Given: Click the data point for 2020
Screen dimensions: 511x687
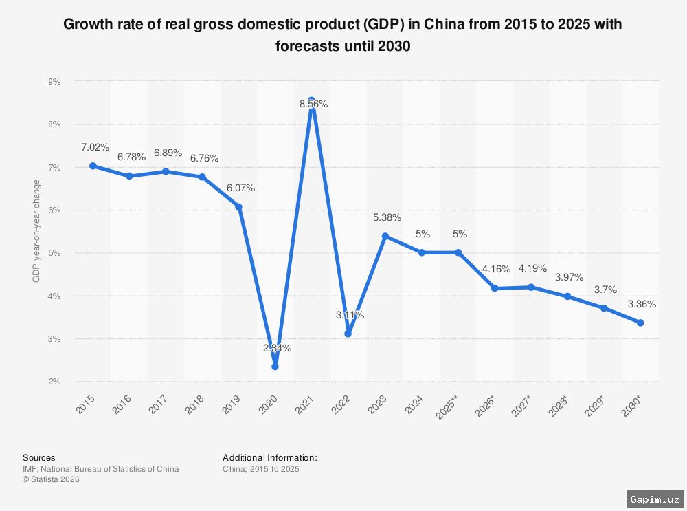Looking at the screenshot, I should (x=275, y=367).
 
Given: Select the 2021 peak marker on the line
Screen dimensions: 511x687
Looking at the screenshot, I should (x=312, y=100).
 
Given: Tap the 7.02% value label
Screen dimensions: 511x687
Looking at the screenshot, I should (x=95, y=147).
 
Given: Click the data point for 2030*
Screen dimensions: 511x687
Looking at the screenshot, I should (x=640, y=323).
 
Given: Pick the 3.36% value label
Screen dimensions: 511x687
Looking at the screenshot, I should (x=642, y=304).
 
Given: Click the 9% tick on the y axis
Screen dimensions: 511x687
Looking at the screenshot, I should (x=54, y=81).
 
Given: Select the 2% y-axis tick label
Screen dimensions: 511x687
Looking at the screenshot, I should (x=54, y=382).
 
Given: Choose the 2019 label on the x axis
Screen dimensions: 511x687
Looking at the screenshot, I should (x=234, y=402).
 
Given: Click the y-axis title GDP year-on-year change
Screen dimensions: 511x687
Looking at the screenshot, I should (x=36, y=231).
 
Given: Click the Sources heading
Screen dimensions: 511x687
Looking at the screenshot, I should (x=39, y=457).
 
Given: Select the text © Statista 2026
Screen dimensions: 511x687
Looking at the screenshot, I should (x=51, y=479).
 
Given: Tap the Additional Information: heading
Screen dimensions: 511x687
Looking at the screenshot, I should (x=269, y=457).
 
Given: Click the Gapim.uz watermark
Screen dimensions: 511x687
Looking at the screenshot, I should (x=654, y=499).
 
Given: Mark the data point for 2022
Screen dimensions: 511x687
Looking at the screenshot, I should (x=348, y=334).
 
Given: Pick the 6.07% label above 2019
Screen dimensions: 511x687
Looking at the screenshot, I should (x=240, y=187).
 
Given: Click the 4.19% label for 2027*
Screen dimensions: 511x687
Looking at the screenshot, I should (x=532, y=268).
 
